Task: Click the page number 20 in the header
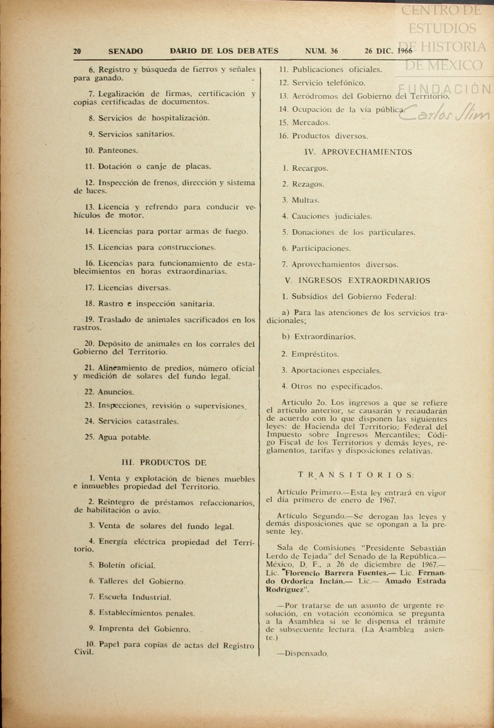click(77, 51)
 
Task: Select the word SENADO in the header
click(125, 51)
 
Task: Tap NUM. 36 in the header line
click(321, 51)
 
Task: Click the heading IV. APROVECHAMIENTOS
click(358, 152)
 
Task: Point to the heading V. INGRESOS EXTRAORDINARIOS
click(357, 280)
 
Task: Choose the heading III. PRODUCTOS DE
click(164, 463)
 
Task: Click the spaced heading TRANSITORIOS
click(356, 475)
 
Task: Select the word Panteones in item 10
click(118, 150)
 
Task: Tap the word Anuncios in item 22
click(116, 392)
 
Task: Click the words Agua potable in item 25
click(124, 437)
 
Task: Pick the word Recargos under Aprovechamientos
click(310, 168)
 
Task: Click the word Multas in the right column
click(305, 200)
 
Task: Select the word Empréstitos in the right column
click(315, 354)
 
